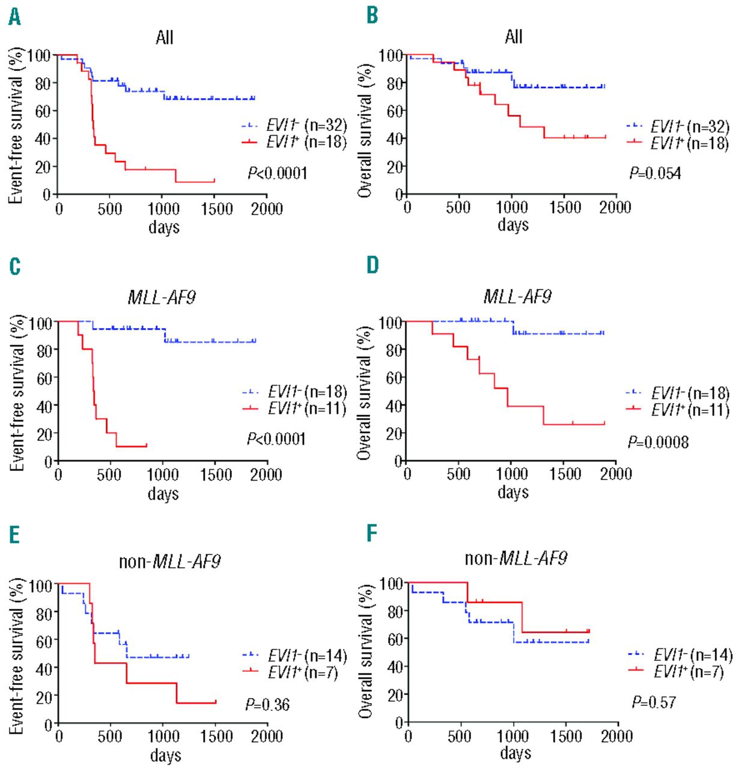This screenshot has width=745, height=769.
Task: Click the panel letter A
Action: click(14, 17)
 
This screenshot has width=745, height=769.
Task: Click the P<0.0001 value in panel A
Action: click(278, 174)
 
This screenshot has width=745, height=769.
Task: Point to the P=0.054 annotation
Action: click(655, 174)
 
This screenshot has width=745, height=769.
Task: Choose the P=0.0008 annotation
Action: click(658, 443)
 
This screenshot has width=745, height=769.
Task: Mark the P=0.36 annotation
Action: click(267, 705)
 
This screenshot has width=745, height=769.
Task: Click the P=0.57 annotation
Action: click(654, 702)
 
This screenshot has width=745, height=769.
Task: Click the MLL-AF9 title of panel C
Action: click(162, 297)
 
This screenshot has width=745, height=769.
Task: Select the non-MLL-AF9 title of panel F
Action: click(516, 559)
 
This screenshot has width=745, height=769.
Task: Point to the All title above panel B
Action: click(514, 37)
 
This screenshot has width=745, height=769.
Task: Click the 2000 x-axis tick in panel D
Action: click(616, 474)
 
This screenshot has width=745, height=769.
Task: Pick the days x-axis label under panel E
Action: click(165, 755)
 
